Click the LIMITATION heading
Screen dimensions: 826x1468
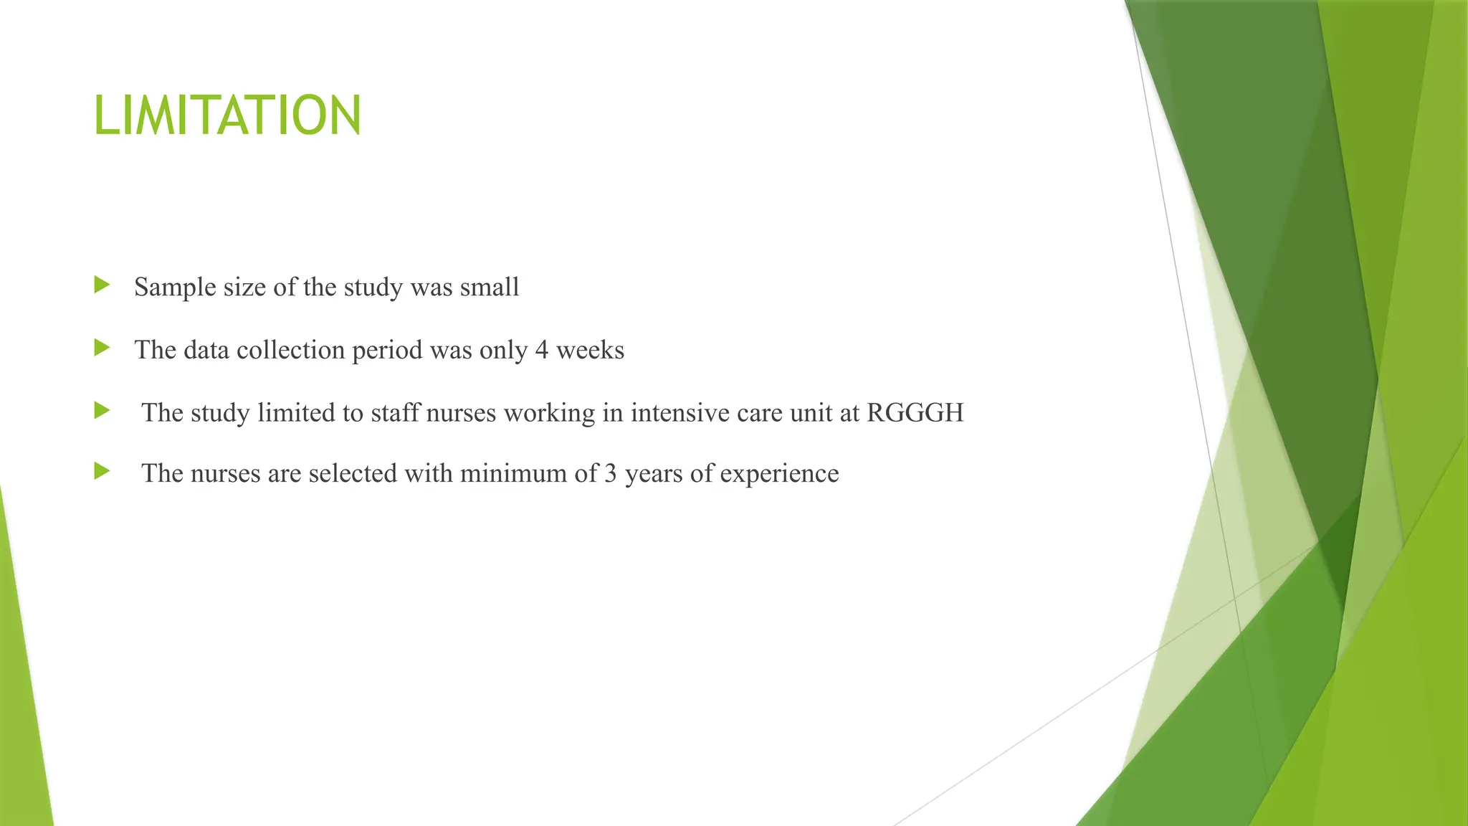[227, 115]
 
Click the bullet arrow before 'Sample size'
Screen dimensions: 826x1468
[102, 285]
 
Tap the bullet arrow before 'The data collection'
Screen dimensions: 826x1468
[102, 348]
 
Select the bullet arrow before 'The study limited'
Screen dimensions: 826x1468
[102, 411]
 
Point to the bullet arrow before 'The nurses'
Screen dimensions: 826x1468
[102, 472]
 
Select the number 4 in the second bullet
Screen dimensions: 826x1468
[542, 350]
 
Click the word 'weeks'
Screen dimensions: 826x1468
[590, 350]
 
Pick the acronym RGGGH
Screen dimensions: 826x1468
[915, 413]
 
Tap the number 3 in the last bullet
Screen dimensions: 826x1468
[610, 473]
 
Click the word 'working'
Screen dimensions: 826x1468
[549, 414]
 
